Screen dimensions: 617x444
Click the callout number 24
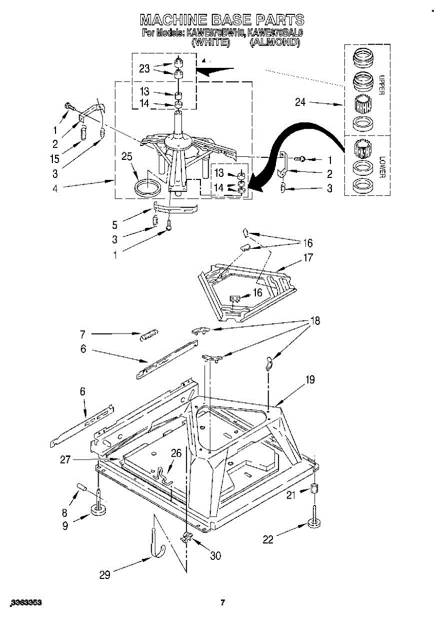[300, 102]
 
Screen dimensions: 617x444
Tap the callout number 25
[127, 157]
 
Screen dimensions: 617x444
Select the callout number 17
[307, 258]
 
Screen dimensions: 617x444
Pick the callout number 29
[104, 575]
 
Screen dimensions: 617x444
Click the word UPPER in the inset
[381, 84]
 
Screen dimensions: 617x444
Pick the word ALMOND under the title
[274, 43]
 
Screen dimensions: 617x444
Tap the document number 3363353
[26, 602]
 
